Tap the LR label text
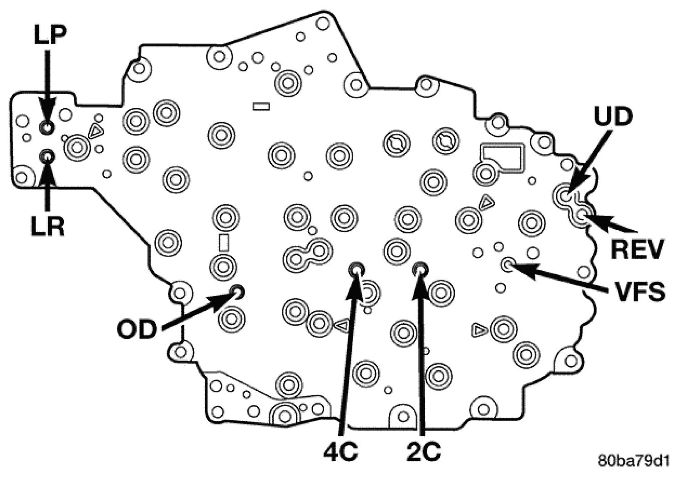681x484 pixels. tap(47, 226)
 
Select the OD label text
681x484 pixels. tap(137, 330)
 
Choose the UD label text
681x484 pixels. tap(613, 117)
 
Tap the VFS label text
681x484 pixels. tap(637, 292)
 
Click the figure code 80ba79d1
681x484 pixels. tap(634, 461)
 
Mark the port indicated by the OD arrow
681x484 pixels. tap(237, 291)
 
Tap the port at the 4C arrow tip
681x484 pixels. tap(356, 270)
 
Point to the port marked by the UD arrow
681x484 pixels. tap(565, 196)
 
